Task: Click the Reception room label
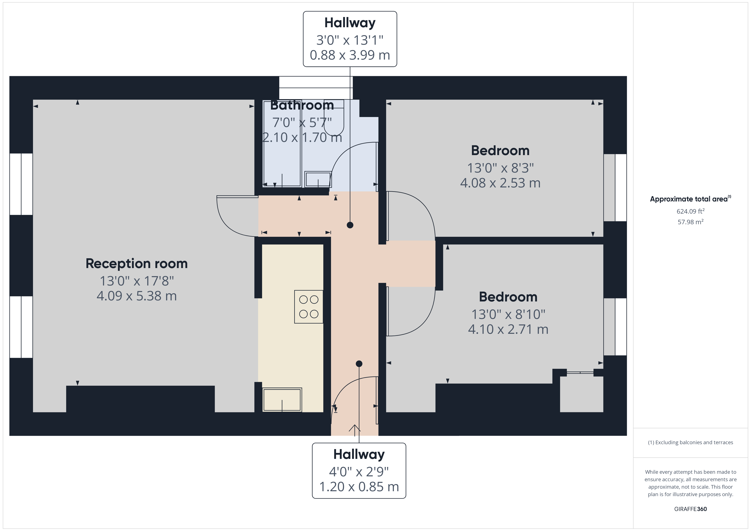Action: pyautogui.click(x=137, y=264)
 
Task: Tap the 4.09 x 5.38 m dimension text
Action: pyautogui.click(x=137, y=296)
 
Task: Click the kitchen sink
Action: pyautogui.click(x=282, y=400)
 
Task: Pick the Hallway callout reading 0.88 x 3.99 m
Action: pyautogui.click(x=350, y=39)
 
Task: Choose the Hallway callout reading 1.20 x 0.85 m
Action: pyautogui.click(x=359, y=471)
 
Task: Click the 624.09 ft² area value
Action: pyautogui.click(x=691, y=211)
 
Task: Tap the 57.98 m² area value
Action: pyautogui.click(x=691, y=222)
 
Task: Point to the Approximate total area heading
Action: pyautogui.click(x=691, y=199)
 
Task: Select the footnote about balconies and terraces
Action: pyautogui.click(x=691, y=442)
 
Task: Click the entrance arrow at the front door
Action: pyautogui.click(x=355, y=430)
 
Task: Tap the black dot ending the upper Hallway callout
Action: pyautogui.click(x=350, y=225)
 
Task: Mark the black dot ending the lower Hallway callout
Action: pyautogui.click(x=359, y=364)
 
